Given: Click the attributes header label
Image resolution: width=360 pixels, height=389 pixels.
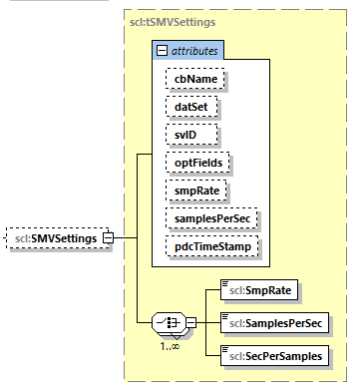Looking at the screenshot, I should [198, 49].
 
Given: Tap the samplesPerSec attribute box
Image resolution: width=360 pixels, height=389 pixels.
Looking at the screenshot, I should [212, 216].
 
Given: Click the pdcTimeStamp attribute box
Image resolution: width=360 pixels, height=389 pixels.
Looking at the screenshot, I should [208, 244].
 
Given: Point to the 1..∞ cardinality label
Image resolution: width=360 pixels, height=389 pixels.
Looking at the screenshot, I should [172, 345].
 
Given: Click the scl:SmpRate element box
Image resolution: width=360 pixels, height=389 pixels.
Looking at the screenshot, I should [259, 291].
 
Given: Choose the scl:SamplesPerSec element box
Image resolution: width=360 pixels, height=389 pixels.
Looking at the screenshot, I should [273, 323].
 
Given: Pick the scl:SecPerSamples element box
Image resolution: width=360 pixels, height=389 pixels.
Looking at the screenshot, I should [274, 354].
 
